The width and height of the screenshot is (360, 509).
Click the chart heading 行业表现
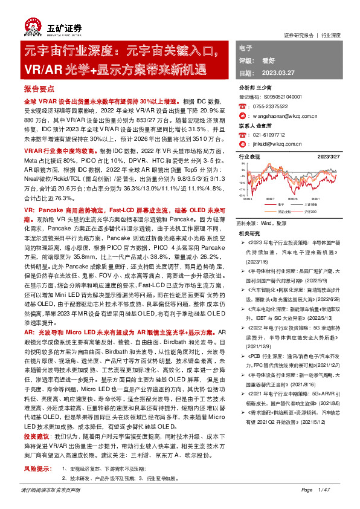coord(249,157)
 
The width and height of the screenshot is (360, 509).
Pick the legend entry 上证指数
coord(313,204)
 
